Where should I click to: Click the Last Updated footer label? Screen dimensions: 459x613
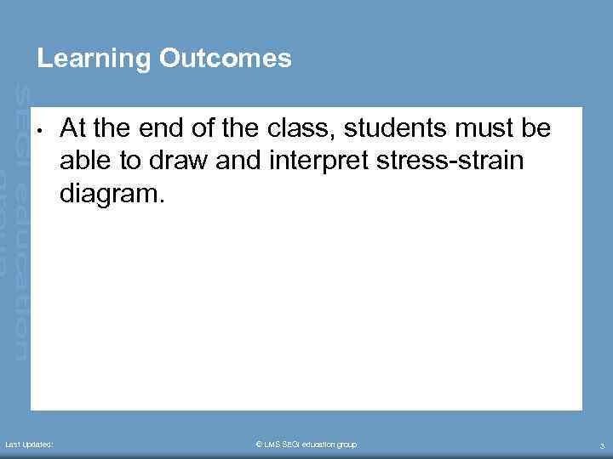(x=29, y=445)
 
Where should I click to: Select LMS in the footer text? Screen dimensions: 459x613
(x=273, y=445)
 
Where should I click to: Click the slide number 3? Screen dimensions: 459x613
(x=602, y=445)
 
